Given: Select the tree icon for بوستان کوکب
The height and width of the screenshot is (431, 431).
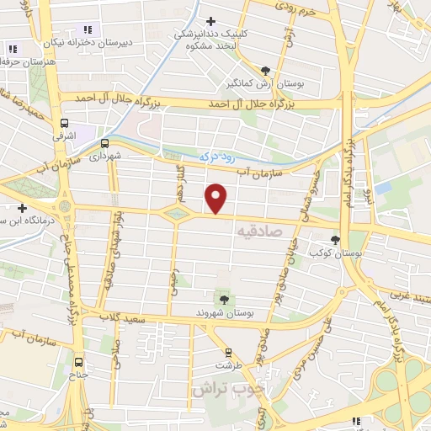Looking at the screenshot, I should (x=337, y=240).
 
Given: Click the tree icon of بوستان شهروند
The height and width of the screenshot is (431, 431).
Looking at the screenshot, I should (x=224, y=298).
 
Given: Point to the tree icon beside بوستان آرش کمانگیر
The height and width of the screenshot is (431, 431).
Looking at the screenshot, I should (x=266, y=71).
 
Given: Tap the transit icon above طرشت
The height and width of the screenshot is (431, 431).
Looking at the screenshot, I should (x=226, y=353).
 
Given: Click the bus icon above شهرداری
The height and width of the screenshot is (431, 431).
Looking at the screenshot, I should (x=105, y=143).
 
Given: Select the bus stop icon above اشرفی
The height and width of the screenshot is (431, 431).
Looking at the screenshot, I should (x=64, y=122).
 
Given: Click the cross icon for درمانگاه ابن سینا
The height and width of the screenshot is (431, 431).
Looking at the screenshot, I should (x=22, y=207).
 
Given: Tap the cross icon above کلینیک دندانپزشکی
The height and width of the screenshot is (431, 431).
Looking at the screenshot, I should (x=210, y=22).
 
